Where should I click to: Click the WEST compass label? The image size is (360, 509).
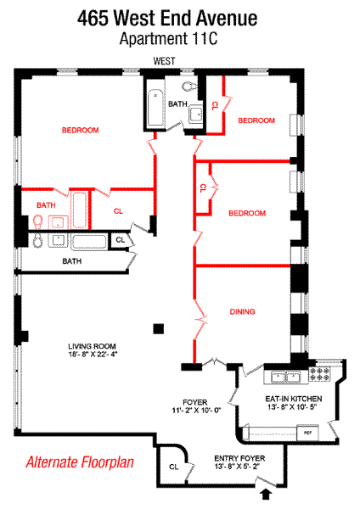click(x=164, y=61)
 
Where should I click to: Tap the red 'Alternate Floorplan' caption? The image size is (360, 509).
click(x=80, y=462)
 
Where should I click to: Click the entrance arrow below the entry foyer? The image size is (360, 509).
click(x=266, y=495)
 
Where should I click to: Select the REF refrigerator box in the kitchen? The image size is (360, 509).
click(x=307, y=433)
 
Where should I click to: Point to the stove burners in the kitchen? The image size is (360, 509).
click(x=319, y=373)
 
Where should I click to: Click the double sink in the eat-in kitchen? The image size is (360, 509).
click(x=286, y=378)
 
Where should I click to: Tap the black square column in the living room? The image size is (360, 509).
click(x=159, y=329)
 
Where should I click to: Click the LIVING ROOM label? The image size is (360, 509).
click(x=92, y=346)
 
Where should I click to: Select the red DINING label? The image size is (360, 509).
click(x=242, y=311)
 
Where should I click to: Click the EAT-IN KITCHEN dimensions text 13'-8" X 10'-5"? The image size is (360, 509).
click(x=292, y=407)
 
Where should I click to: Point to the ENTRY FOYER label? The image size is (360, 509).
click(x=239, y=458)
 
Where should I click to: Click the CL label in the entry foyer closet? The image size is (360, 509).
click(x=174, y=467)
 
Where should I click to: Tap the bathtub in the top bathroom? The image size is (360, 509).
click(x=156, y=108)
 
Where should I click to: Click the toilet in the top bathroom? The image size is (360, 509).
click(x=189, y=87)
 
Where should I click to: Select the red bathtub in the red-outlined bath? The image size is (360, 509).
click(x=79, y=210)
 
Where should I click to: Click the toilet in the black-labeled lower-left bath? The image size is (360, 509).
click(x=38, y=241)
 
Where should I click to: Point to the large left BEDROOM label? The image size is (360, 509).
click(x=81, y=130)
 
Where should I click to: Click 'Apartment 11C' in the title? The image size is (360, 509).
click(x=168, y=39)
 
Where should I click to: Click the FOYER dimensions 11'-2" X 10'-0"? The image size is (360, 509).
click(x=196, y=411)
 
